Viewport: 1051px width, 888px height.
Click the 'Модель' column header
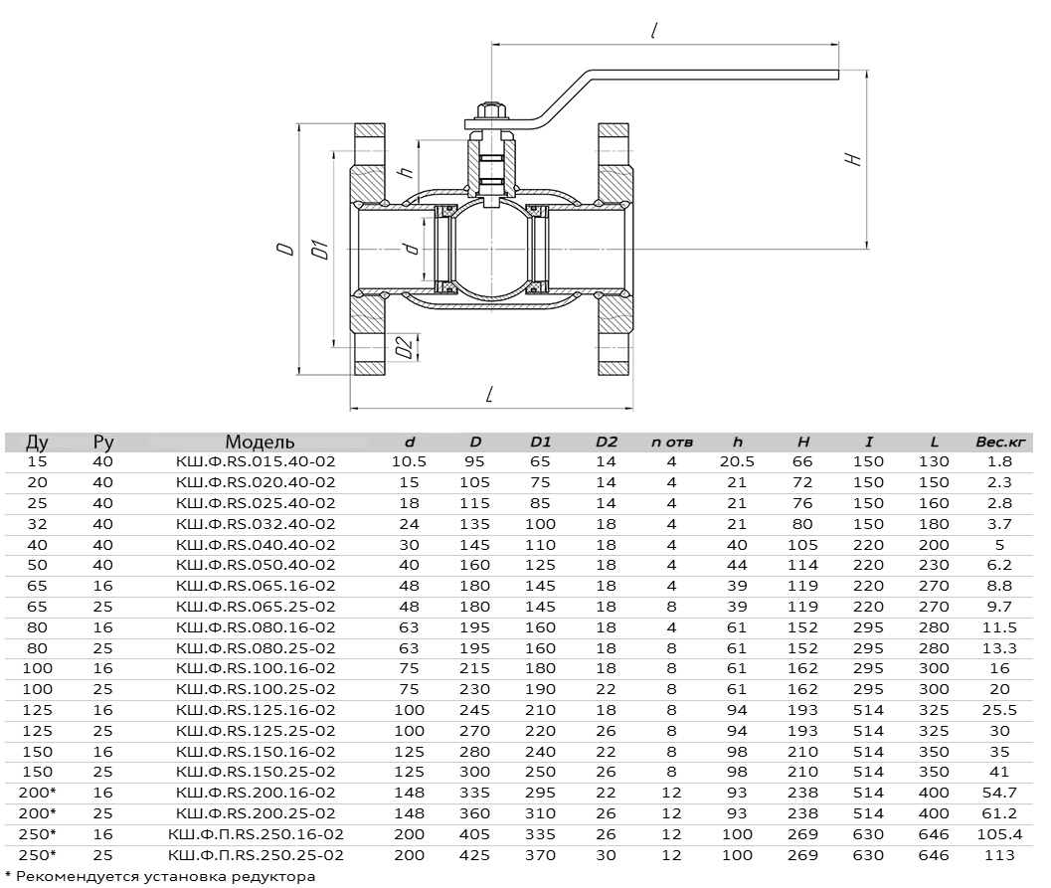260,442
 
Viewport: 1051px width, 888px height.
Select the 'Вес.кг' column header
1000,442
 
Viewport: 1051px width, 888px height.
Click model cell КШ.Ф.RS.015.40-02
256,461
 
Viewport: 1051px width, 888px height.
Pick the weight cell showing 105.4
999,834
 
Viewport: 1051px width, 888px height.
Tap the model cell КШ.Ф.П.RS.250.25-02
256,855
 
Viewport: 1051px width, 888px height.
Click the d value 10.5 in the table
409,461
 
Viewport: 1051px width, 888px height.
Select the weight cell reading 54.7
999,793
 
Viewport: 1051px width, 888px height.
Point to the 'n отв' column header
671,442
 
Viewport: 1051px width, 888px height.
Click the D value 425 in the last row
474,855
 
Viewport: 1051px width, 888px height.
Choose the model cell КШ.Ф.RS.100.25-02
256,689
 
